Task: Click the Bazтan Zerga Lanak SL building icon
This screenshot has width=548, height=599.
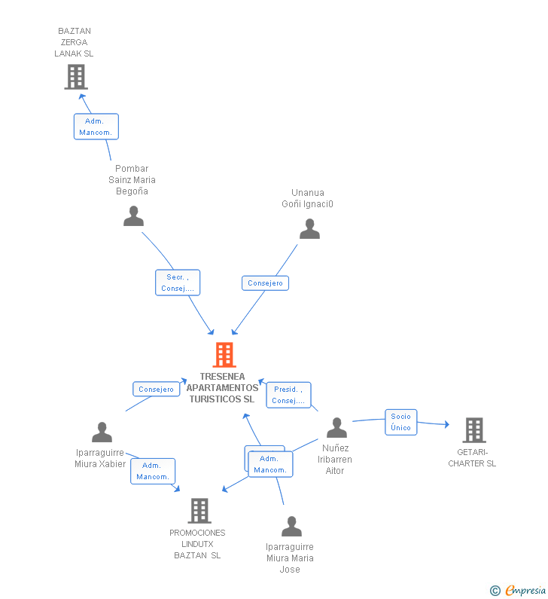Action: coord(75,77)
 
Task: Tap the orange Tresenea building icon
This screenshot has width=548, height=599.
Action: coord(224,355)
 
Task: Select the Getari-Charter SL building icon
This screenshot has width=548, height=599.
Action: coord(473,430)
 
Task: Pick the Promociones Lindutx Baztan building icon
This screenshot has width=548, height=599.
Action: coord(199,511)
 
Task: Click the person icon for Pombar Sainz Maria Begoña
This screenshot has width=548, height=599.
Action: coord(133,216)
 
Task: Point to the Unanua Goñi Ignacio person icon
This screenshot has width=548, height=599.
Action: coord(309,229)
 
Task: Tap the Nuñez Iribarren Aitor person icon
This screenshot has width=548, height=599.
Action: coord(336,428)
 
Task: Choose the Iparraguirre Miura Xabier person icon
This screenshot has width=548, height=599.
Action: coord(102,432)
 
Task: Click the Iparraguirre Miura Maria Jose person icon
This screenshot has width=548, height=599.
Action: coord(291,527)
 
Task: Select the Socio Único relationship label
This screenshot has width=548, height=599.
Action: coord(400,422)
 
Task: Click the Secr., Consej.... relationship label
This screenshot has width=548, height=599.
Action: coord(178,283)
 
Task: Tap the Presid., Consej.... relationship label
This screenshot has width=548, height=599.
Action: coord(288,395)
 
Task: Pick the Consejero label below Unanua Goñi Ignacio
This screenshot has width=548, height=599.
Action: coord(265,283)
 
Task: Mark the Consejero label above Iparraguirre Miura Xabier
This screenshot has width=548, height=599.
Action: coord(157,390)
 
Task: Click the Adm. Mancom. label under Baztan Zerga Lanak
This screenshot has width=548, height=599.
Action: coord(96,127)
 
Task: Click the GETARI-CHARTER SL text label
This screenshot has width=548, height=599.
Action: coord(472,458)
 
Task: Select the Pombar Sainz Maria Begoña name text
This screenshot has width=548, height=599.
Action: coord(132,180)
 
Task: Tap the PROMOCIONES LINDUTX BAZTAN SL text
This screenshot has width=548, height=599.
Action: coord(197,544)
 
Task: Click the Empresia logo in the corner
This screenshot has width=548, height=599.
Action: coord(519,591)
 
